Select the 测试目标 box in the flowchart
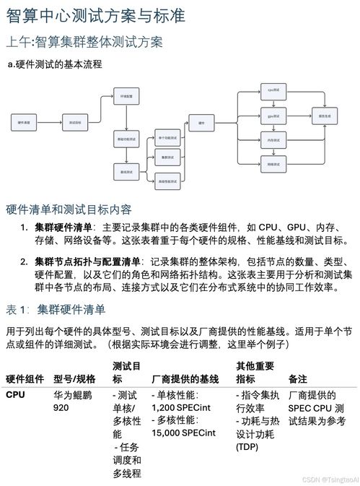pyautogui.click(x=75, y=123)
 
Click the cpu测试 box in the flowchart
pyautogui.click(x=273, y=92)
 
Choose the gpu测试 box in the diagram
pyautogui.click(x=273, y=116)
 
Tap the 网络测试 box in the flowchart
pyautogui.click(x=273, y=165)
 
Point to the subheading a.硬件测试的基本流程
pyautogui.click(x=54, y=64)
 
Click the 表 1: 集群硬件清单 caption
pyautogui.click(x=56, y=311)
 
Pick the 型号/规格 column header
pyautogui.click(x=74, y=378)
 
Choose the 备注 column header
pyautogui.click(x=297, y=378)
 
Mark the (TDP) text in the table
pyautogui.click(x=249, y=446)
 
